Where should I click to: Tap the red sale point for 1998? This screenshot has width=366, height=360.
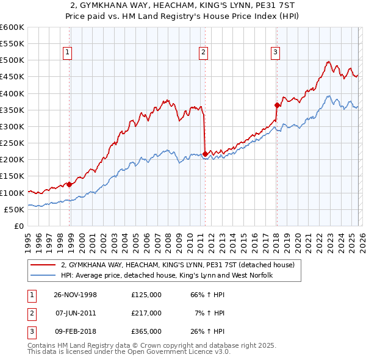70,184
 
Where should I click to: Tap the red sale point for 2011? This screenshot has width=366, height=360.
205,154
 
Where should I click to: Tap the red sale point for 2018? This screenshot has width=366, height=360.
277,105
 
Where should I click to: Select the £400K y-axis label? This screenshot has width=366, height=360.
12,93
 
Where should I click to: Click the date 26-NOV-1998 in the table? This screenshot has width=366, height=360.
76,295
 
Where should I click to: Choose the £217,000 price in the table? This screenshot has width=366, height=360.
146,313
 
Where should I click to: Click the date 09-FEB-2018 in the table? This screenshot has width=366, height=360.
76,331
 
